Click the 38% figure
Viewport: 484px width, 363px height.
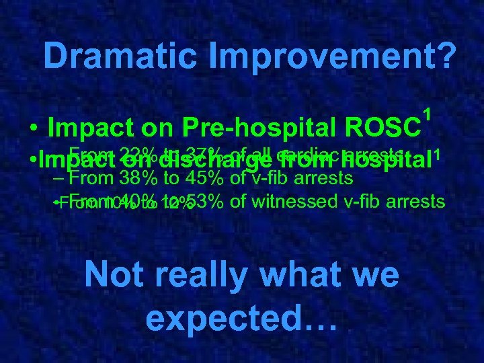tap(137, 179)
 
